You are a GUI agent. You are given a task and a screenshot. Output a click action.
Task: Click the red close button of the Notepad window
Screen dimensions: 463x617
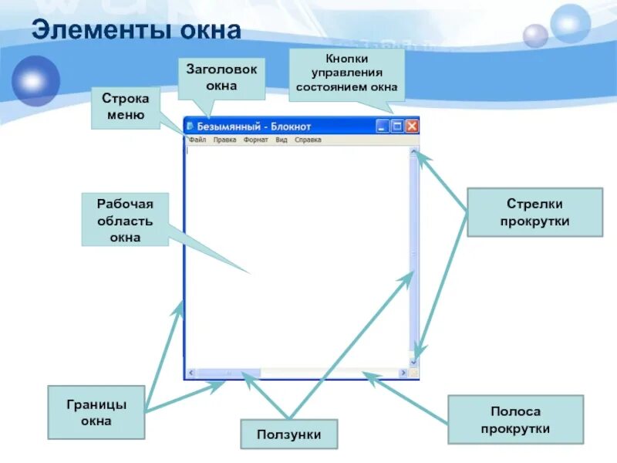(412, 126)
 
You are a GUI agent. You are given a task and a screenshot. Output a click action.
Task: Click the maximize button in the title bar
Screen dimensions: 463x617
(397, 126)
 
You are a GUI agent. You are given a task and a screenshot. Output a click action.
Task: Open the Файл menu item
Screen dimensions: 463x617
(197, 140)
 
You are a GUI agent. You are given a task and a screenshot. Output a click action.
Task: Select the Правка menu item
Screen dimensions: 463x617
(224, 140)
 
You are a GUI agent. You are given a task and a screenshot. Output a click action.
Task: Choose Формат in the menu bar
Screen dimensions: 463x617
(255, 140)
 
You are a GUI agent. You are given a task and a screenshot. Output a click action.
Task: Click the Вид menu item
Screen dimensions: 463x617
(282, 140)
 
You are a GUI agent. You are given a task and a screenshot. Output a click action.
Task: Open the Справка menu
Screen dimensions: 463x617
(308, 140)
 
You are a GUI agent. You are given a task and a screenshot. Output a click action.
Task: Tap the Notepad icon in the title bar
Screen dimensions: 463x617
(190, 126)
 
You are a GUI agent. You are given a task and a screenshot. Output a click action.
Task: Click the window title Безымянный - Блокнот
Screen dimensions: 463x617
(255, 126)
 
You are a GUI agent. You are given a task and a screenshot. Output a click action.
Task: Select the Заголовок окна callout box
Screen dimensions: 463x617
(221, 77)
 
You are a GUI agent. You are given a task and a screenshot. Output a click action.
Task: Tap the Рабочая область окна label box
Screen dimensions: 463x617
(125, 220)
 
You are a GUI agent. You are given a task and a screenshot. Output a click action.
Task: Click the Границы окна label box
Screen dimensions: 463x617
(96, 412)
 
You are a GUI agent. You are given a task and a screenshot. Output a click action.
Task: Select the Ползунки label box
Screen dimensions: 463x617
(290, 434)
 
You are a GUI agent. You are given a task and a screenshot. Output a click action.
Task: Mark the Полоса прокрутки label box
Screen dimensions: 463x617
(515, 420)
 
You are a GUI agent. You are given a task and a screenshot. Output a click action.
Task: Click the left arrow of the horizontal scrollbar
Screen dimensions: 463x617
(190, 373)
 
